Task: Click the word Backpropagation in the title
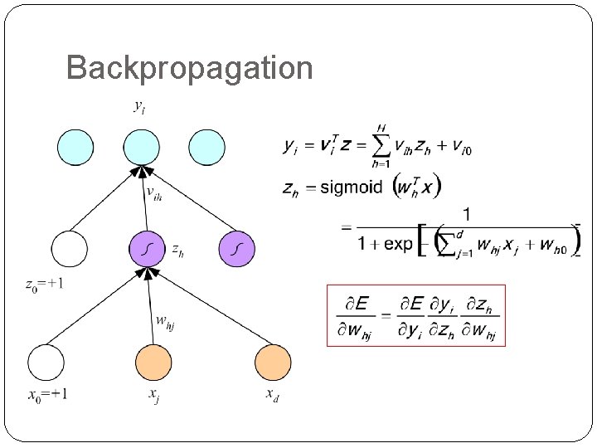point(189,68)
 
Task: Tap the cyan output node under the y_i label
point(141,147)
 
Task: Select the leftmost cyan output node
point(74,147)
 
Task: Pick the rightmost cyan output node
point(206,147)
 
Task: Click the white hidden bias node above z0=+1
point(69,248)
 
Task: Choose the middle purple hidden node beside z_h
point(147,248)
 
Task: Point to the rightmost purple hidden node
point(236,248)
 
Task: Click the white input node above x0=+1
point(46,363)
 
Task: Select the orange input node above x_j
point(153,363)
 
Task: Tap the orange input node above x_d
point(273,363)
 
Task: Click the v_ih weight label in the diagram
point(154,193)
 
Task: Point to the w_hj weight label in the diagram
point(165,322)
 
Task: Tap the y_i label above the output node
point(139,107)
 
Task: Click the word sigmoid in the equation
point(351,187)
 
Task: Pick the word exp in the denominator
point(398,245)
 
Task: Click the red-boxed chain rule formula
point(416,315)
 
